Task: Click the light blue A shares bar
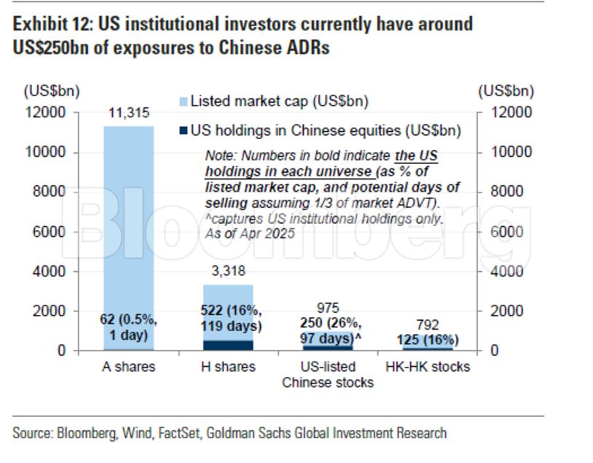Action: (x=128, y=219)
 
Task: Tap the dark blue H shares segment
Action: (x=227, y=345)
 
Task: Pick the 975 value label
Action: (x=328, y=308)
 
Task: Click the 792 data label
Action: (x=427, y=325)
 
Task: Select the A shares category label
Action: (x=128, y=367)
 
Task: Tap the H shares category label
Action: (x=227, y=367)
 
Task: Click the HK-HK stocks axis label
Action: (x=427, y=367)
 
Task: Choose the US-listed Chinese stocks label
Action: (x=328, y=374)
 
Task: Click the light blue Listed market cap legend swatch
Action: (x=183, y=102)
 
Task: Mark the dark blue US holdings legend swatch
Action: (x=183, y=131)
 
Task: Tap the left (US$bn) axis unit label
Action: (x=52, y=91)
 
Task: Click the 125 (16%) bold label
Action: (x=427, y=341)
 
